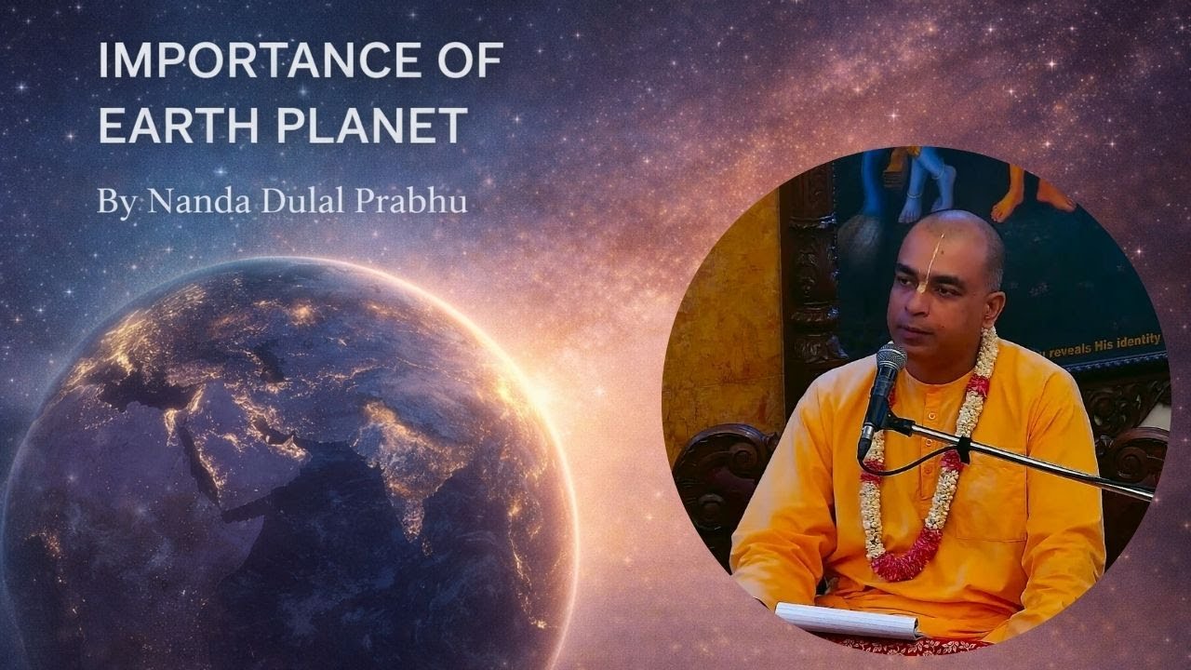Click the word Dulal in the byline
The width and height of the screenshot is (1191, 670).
click(287, 202)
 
